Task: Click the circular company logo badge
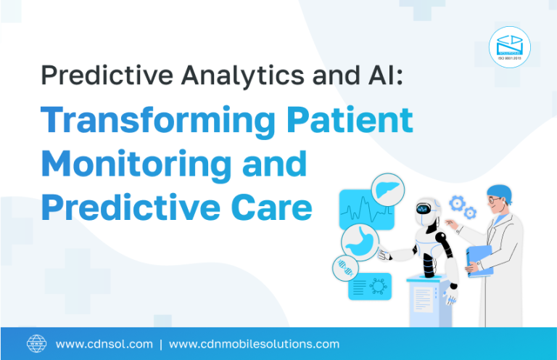tap(509, 47)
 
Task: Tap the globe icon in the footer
tap(36, 343)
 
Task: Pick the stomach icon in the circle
tap(360, 240)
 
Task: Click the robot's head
tap(425, 208)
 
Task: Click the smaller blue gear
tap(471, 213)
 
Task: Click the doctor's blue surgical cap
tap(499, 192)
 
